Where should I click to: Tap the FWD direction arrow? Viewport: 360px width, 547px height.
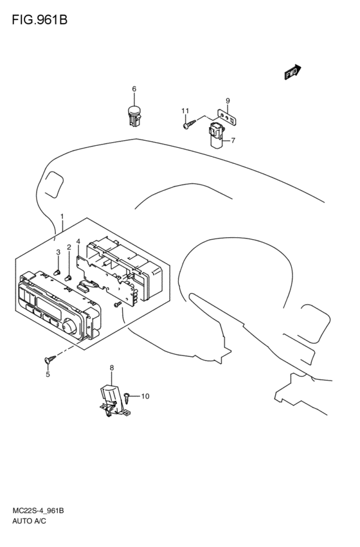coord(292,73)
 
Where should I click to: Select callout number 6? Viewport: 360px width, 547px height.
coord(134,89)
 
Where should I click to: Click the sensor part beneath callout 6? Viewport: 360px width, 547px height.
coord(134,115)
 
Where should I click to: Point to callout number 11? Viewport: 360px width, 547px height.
coord(185,111)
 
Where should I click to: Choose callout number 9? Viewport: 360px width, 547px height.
coord(227,100)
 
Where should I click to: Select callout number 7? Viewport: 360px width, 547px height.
coord(233,140)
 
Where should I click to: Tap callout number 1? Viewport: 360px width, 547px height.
coord(62,217)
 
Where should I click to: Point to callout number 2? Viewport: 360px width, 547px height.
coord(69,247)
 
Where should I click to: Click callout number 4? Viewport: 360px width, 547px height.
coord(78,242)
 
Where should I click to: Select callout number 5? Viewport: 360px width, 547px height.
coord(48,375)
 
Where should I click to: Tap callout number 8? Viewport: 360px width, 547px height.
coord(111,368)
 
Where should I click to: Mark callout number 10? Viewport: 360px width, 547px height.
coord(145,396)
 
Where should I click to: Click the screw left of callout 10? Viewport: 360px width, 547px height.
coord(130,397)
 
